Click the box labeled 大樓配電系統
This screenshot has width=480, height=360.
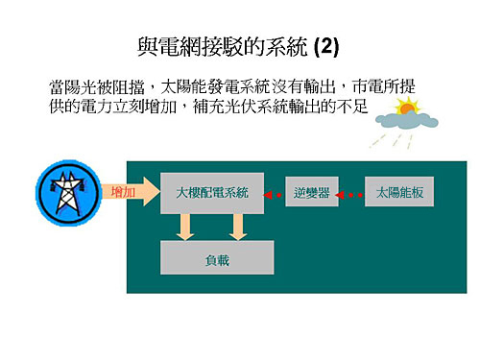pyautogui.click(x=212, y=193)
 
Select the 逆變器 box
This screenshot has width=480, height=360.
pyautogui.click(x=311, y=193)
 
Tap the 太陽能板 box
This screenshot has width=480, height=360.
pyautogui.click(x=400, y=193)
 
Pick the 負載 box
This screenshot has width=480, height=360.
pyautogui.click(x=217, y=259)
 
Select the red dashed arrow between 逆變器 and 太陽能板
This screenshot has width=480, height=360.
pyautogui.click(x=352, y=194)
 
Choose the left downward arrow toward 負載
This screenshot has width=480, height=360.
pyautogui.click(x=186, y=227)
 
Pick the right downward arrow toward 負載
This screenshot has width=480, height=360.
pyautogui.click(x=239, y=227)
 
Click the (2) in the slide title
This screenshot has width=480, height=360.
pyautogui.click(x=326, y=45)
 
